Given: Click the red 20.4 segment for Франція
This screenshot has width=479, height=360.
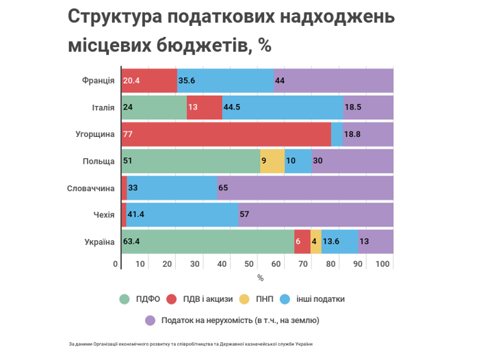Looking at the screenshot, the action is pos(149,80).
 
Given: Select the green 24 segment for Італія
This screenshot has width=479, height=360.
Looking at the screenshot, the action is pos(154,107).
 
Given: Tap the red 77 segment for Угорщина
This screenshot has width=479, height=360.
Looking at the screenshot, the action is pos(226,134).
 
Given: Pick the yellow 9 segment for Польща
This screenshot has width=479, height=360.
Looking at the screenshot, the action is pos(272,161).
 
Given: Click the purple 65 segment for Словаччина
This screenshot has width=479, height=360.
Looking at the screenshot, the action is pos(305,188).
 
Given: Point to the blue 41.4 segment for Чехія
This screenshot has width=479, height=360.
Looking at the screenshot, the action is pos(183,215).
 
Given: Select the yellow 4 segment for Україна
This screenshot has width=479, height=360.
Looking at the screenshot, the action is pos(316,242).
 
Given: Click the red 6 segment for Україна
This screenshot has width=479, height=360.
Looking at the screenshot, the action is pos(302,242).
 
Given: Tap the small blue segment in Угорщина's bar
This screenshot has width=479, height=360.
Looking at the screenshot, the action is pos(337,134).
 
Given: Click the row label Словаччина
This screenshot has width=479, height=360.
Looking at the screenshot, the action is pos(91,188).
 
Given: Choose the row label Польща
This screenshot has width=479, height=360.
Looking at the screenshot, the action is pos(99,162).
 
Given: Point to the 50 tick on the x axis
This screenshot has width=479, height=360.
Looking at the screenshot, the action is pos(249,264).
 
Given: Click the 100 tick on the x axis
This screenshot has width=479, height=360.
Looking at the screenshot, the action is pos(383,264).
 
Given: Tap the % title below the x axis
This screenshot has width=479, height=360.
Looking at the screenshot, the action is pos(260,278).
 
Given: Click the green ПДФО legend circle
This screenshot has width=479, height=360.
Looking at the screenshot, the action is pos(125,299).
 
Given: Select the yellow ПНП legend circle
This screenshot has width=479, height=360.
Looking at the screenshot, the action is pos(244,299).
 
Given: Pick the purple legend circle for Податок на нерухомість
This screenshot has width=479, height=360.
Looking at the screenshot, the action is pos(150,320).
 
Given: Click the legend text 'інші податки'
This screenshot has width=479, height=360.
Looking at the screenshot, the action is pos(320,299).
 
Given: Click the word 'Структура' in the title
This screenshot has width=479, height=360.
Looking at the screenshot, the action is pos(115,17).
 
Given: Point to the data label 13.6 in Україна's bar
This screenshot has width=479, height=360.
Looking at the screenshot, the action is pos(331,242).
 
